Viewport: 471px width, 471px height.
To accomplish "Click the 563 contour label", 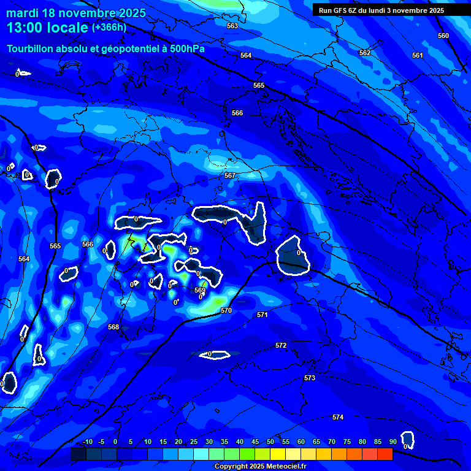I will (x=232, y=26).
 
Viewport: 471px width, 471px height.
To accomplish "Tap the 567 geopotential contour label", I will (x=230, y=175).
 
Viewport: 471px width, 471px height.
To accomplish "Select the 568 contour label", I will (x=113, y=327).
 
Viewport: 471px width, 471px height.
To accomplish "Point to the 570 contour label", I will (x=226, y=310).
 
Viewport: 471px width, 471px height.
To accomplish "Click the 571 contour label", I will (x=262, y=315).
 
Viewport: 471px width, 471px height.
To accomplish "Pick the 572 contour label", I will (x=281, y=345).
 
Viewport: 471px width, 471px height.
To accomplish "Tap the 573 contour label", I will (x=310, y=378).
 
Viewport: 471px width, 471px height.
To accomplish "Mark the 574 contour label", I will (x=338, y=417).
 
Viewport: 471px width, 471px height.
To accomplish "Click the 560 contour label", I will (x=443, y=36).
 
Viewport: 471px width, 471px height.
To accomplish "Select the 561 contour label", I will (x=418, y=55).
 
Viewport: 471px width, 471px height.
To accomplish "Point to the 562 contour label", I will (x=365, y=53).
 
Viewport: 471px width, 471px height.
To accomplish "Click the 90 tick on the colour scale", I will (x=392, y=442).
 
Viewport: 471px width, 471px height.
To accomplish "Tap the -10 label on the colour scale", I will (x=87, y=442).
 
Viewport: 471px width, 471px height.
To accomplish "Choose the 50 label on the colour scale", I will (x=270, y=442).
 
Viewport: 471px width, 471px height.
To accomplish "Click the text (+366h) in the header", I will (x=110, y=28).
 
